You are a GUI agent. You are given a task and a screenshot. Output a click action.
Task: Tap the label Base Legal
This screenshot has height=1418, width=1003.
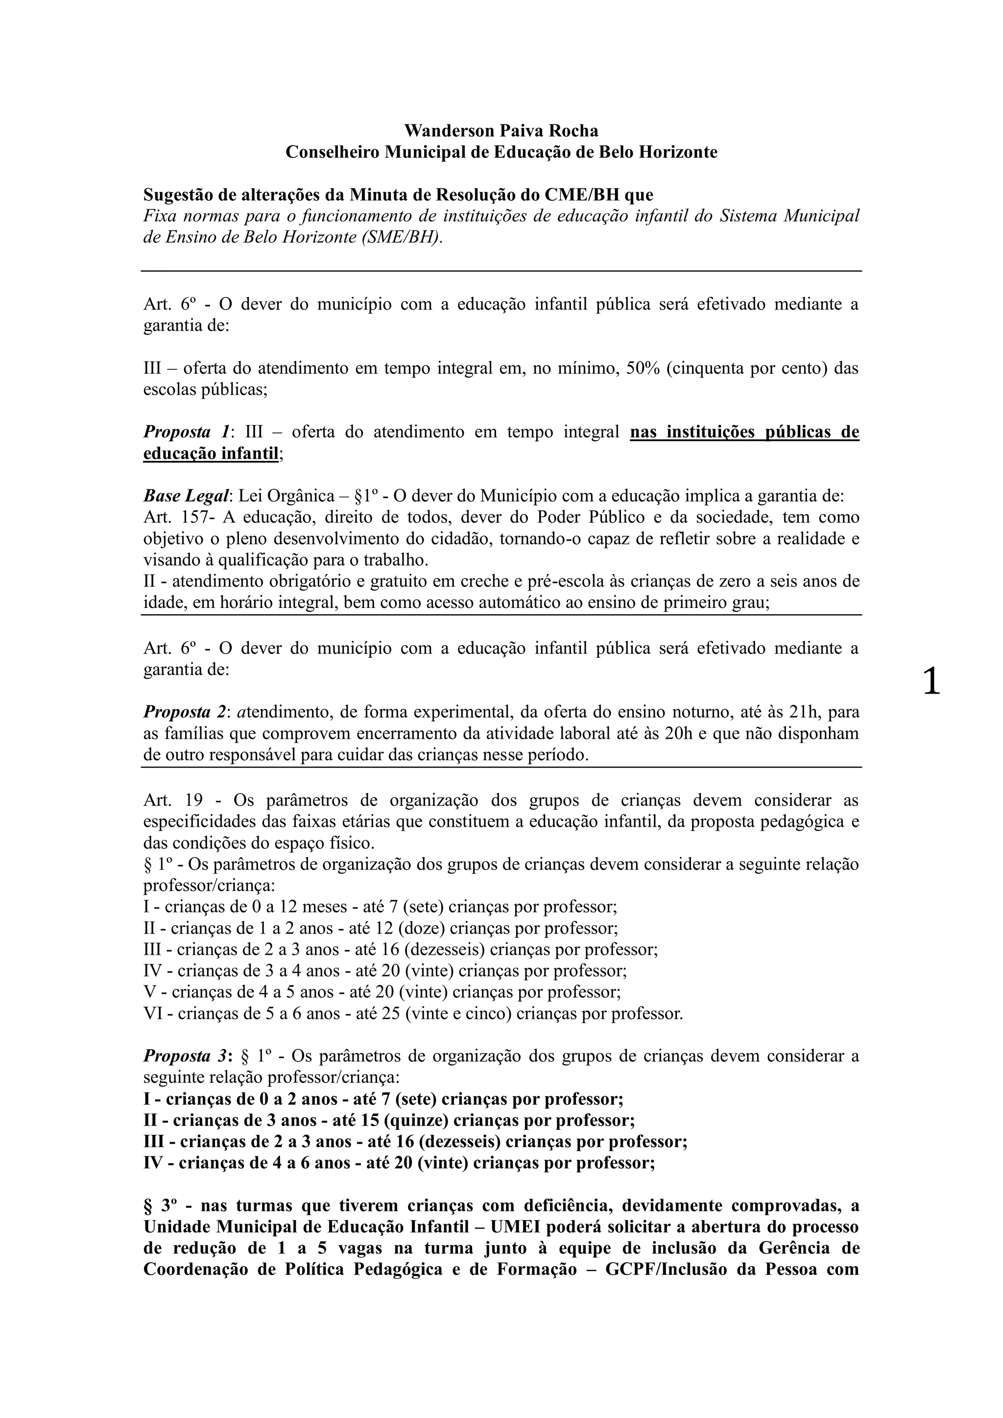[x=187, y=496]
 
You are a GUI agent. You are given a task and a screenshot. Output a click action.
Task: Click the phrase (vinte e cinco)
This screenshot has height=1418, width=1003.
[x=458, y=1013]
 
